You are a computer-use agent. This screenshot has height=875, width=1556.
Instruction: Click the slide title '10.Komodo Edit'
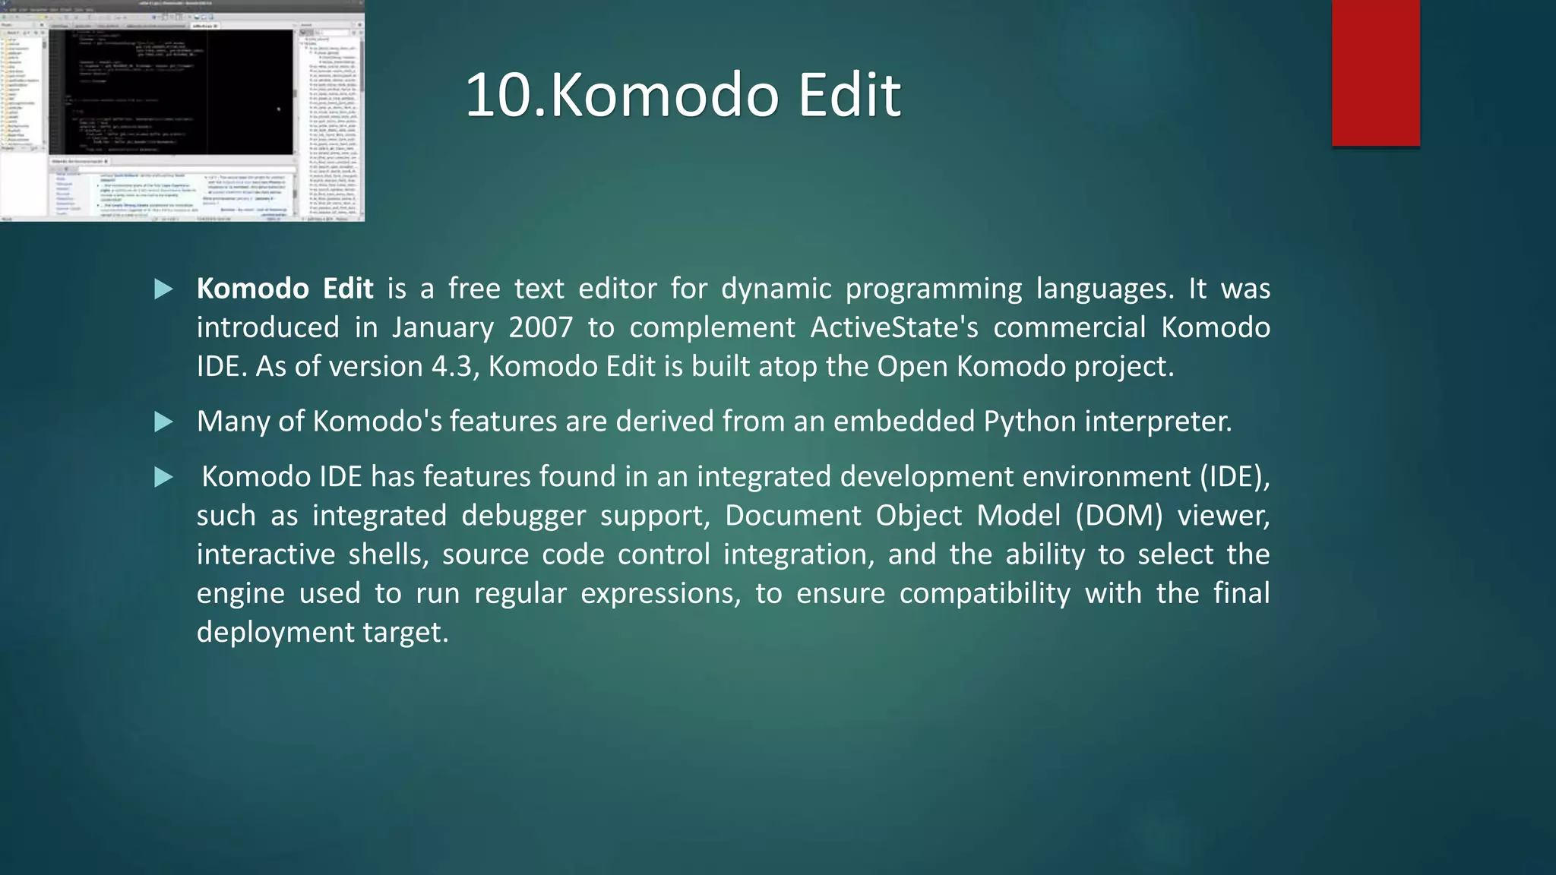click(x=682, y=95)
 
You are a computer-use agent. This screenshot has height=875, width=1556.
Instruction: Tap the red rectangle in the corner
click(x=1375, y=72)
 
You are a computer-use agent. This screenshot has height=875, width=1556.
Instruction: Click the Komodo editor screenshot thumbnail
click(x=182, y=111)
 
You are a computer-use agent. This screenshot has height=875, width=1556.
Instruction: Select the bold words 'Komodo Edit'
click(x=285, y=289)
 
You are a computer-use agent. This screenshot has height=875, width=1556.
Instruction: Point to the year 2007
click(x=540, y=327)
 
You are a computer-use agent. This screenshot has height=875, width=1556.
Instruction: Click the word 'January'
click(x=442, y=327)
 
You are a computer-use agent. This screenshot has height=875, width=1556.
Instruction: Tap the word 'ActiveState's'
click(x=893, y=327)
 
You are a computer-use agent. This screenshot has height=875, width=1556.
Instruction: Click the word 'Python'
click(x=1029, y=422)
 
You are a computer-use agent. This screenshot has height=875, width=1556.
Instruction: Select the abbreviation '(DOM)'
click(x=1118, y=516)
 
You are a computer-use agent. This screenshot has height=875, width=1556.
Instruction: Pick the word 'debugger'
click(x=523, y=516)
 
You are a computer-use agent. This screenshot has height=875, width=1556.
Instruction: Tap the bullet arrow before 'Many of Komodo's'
click(x=163, y=422)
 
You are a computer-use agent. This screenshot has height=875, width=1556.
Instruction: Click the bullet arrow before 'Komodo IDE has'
click(x=163, y=478)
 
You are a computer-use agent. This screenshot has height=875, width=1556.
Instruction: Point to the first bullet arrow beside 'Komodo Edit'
click(x=163, y=289)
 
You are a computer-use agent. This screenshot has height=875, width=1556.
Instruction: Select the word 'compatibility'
click(x=985, y=593)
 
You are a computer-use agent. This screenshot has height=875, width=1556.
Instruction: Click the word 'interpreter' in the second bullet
click(x=1157, y=422)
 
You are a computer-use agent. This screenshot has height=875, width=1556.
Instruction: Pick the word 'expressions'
click(x=660, y=593)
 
